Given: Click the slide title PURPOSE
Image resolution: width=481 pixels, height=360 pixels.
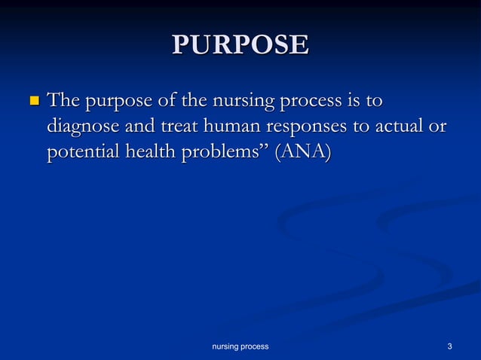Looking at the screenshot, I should (240, 44).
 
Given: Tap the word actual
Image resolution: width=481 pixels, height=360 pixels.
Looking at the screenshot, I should (396, 126).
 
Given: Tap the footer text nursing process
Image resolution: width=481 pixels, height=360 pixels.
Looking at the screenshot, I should (240, 346).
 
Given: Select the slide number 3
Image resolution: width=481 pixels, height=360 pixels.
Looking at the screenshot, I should (449, 346).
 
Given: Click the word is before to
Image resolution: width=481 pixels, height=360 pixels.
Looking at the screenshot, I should (352, 100).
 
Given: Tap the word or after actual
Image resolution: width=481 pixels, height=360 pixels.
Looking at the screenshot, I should (437, 127).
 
